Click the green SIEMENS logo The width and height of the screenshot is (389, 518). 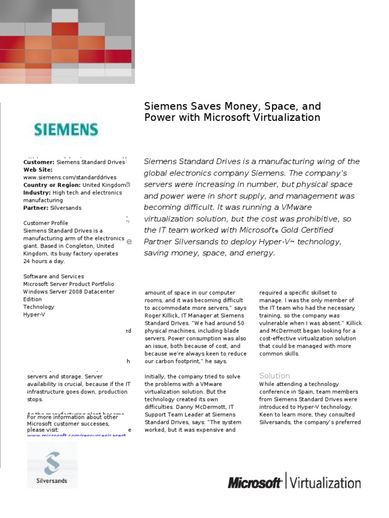66,129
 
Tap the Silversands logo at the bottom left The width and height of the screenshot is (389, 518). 52,464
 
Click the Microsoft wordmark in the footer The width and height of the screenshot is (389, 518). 254,483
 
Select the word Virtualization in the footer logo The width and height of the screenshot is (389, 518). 325,482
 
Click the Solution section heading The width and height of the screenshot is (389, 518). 275,376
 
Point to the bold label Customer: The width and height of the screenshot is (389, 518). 39,162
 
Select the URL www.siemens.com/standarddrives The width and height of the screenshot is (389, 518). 70,178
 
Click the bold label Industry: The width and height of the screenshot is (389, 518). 37,193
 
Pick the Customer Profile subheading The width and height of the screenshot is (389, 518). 46,223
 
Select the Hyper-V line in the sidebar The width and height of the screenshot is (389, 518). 33,314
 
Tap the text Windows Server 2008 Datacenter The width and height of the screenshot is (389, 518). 69,291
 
